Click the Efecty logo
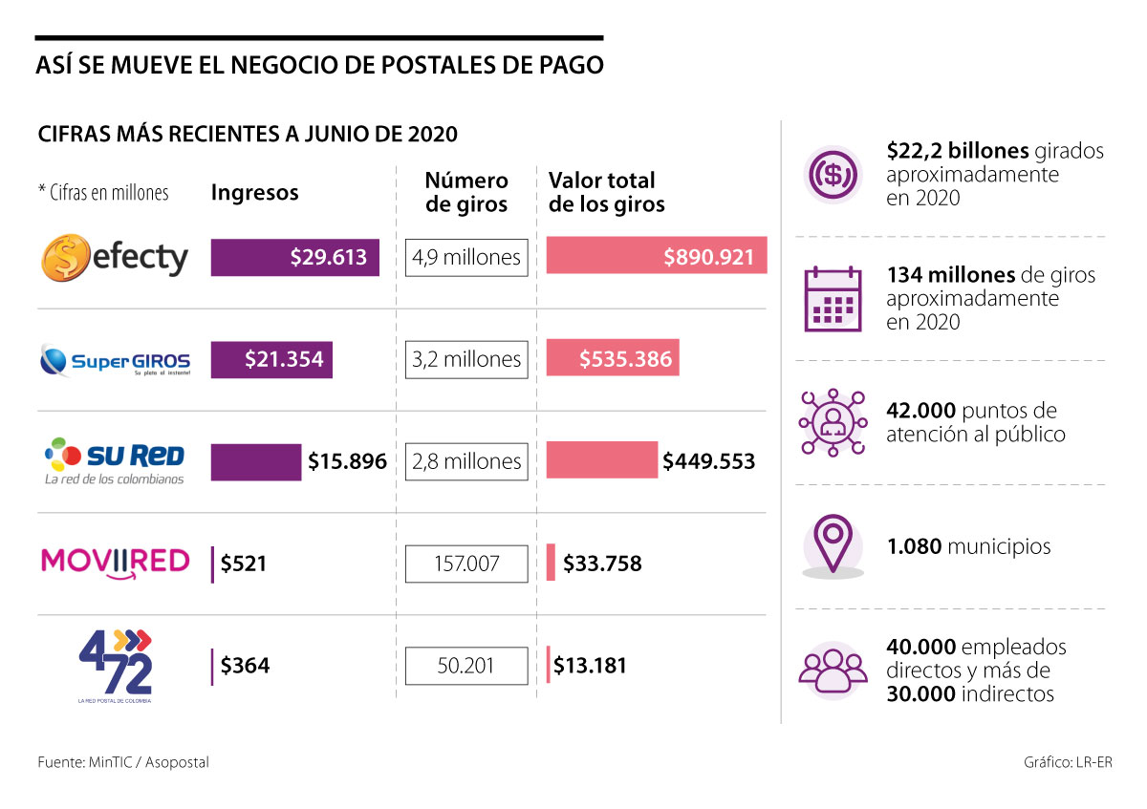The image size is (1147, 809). point(115,257)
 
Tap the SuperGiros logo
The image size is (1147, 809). point(116,360)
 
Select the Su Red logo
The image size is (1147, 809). point(115,460)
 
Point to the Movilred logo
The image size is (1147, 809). point(115,562)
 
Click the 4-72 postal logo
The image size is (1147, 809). point(115,665)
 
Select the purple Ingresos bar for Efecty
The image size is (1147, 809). point(294,257)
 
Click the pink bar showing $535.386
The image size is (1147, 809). point(613,359)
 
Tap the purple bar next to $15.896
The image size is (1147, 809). point(255,461)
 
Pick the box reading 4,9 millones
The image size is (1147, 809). point(466,257)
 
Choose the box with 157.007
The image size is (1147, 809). point(466,564)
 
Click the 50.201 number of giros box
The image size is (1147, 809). point(466,665)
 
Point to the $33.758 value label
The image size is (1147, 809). point(602,564)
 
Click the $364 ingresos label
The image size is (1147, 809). point(245,666)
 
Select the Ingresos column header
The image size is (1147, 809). point(254,193)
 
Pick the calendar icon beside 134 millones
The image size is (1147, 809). point(832,297)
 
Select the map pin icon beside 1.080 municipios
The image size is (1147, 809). point(833,545)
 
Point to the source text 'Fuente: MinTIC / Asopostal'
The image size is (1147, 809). point(123,762)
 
